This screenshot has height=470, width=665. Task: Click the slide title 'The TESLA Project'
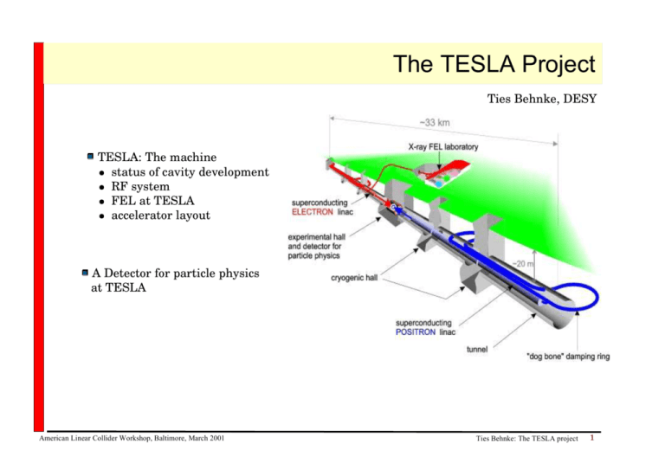click(494, 64)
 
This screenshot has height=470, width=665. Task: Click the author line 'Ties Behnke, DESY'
click(541, 99)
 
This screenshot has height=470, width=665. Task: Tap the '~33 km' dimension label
click(435, 123)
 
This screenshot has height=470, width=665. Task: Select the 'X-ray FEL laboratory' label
click(443, 146)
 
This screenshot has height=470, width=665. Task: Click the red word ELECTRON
click(312, 212)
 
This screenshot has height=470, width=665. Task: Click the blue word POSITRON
click(416, 332)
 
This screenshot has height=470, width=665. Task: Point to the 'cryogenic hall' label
click(354, 278)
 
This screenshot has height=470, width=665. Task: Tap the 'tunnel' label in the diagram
click(477, 349)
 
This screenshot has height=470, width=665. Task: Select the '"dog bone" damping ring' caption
click(568, 357)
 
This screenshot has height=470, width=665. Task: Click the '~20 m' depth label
click(522, 264)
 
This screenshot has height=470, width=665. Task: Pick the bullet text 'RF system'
click(140, 186)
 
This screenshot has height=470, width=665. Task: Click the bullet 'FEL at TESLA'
click(152, 201)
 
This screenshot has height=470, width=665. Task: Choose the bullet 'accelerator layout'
click(161, 216)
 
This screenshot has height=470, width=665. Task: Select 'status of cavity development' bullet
click(190, 172)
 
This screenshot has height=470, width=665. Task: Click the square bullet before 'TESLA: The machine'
click(90, 157)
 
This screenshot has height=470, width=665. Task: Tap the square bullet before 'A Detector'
click(85, 272)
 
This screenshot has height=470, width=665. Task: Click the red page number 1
click(592, 438)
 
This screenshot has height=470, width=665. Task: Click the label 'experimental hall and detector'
click(316, 241)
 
